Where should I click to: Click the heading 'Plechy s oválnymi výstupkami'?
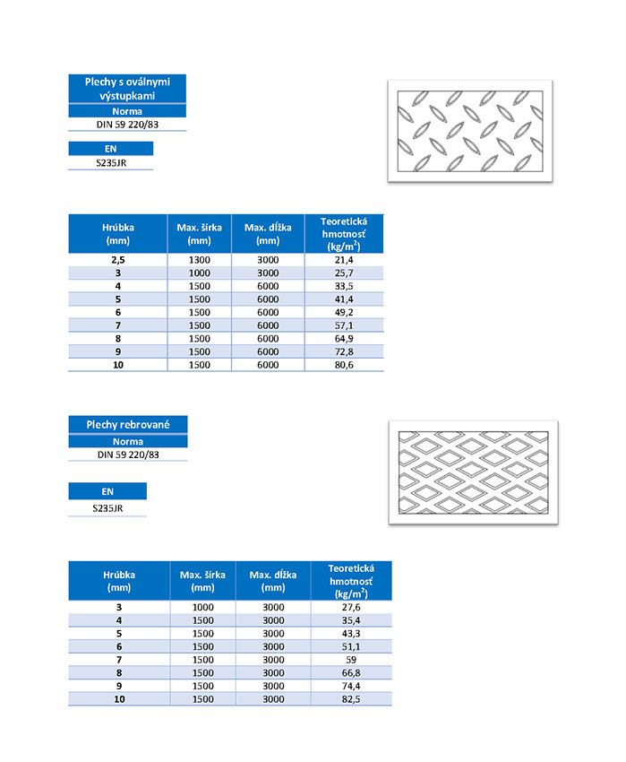[x=127, y=89]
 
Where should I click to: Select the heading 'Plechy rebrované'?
[x=127, y=424]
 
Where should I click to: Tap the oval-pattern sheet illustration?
[x=469, y=132]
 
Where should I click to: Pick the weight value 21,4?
[x=344, y=259]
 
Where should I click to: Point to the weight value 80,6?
[x=344, y=365]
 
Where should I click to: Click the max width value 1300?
[x=199, y=259]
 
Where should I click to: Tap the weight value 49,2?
[x=344, y=312]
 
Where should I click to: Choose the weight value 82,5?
[x=350, y=699]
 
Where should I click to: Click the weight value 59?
[x=350, y=660]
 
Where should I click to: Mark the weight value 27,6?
[x=350, y=607]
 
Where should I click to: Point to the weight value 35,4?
[x=350, y=620]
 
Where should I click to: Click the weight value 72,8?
[x=344, y=351]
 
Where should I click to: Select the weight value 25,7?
[x=344, y=273]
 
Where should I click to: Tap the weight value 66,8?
[x=350, y=673]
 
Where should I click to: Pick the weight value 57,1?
[x=344, y=325]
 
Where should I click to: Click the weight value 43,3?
[x=350, y=634]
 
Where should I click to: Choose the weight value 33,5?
[x=344, y=286]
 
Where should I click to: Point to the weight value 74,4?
[x=350, y=686]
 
